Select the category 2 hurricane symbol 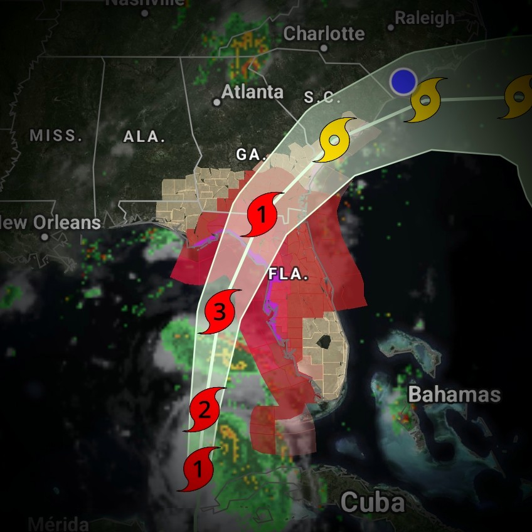point(204,410)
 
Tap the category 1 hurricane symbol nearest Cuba point(199,468)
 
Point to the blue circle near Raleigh point(403,82)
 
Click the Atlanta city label point(252,92)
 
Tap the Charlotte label point(324,33)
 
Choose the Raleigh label point(425,18)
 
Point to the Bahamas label point(454,395)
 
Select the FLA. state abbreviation point(289,274)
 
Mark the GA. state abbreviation point(252,154)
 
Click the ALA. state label point(144,137)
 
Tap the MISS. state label point(56,135)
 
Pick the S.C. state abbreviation point(322,97)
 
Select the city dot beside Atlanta point(216,102)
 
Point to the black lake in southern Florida point(323,341)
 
